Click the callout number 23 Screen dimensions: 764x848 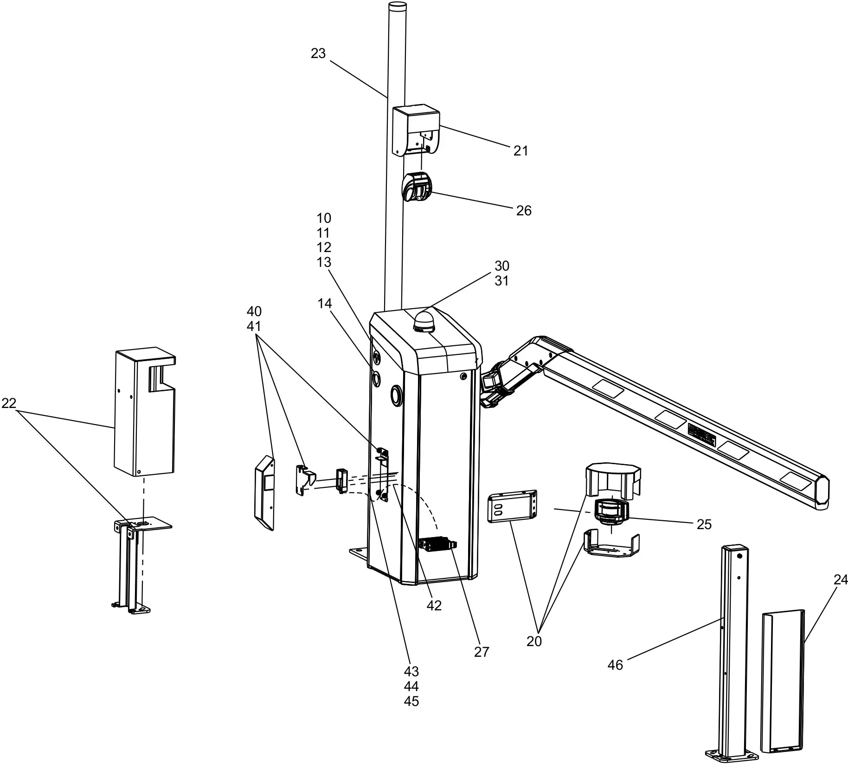(x=318, y=54)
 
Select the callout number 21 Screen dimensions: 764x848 (x=520, y=151)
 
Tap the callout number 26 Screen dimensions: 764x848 (x=524, y=211)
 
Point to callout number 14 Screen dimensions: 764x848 (x=325, y=304)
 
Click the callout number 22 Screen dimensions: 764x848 (x=9, y=403)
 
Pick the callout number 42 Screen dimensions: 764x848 (x=434, y=605)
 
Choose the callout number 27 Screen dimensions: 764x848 (x=482, y=652)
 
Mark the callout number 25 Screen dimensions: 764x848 (x=704, y=524)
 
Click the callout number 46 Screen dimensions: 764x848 (x=615, y=665)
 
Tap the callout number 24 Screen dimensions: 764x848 (x=841, y=580)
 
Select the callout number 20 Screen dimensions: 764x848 (x=534, y=641)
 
